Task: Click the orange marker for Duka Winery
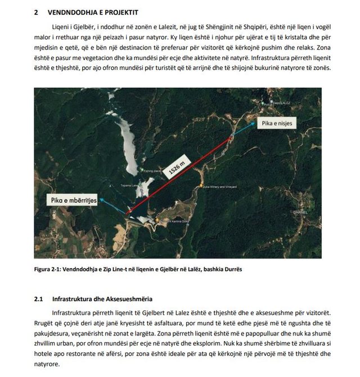[201, 186]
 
